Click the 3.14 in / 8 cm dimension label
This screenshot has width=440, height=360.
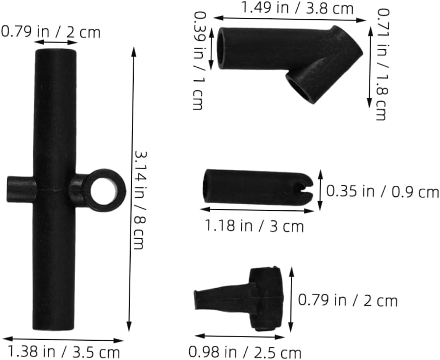140,200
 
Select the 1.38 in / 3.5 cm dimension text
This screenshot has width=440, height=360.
64,352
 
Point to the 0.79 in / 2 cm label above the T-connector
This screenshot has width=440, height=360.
51,31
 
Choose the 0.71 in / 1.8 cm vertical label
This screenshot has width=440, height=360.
383,64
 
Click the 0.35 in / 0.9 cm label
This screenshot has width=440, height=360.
382,192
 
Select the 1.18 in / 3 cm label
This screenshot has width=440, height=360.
254,226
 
